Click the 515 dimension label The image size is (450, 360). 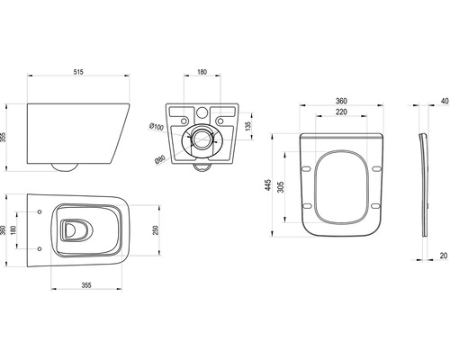[x=78, y=72]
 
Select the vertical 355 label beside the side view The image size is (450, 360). [x=3, y=138]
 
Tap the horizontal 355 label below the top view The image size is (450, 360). [x=86, y=285]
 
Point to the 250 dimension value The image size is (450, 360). [x=156, y=230]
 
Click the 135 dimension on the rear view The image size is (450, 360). [x=247, y=126]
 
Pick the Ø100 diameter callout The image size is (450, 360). [x=157, y=127]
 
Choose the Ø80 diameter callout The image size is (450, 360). [x=160, y=158]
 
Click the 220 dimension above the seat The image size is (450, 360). [x=341, y=112]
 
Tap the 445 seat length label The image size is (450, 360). [x=267, y=185]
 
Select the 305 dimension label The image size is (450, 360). [x=280, y=187]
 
